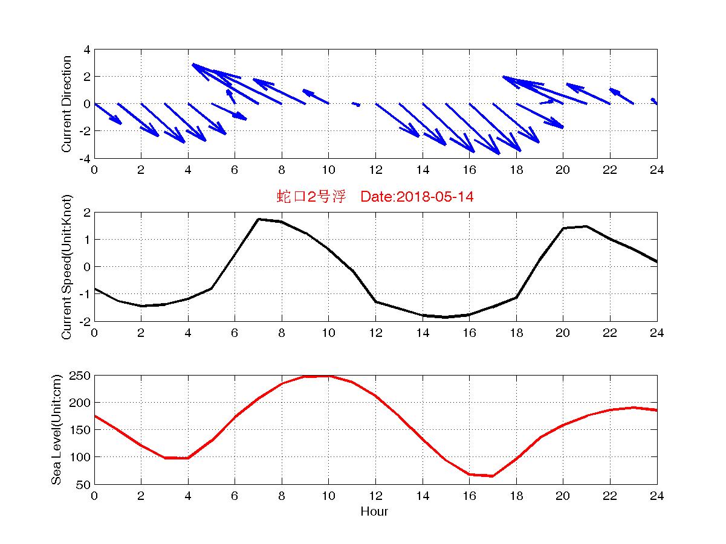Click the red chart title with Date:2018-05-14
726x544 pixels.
pyautogui.click(x=375, y=196)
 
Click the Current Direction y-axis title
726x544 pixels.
pyautogui.click(x=66, y=104)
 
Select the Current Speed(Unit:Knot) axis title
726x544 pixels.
pyautogui.click(x=66, y=266)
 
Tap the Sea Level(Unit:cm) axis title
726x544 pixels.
pyautogui.click(x=56, y=429)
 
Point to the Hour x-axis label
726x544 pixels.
pyautogui.click(x=374, y=511)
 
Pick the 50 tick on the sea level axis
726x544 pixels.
pyautogui.click(x=84, y=484)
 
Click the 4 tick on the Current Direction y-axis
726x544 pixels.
pyautogui.click(x=88, y=50)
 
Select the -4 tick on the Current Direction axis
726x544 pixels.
pyautogui.click(x=85, y=158)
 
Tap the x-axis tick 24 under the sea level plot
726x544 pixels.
pyautogui.click(x=656, y=496)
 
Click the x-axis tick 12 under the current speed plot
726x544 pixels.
pyautogui.click(x=375, y=333)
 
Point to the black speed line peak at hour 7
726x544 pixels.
pyautogui.click(x=258, y=219)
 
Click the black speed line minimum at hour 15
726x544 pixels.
pyautogui.click(x=446, y=317)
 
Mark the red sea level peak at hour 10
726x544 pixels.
pyautogui.click(x=328, y=376)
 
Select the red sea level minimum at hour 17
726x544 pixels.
pyautogui.click(x=493, y=476)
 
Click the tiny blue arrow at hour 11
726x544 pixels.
pyautogui.click(x=356, y=104)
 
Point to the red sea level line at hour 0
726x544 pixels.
pyautogui.click(x=95, y=415)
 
